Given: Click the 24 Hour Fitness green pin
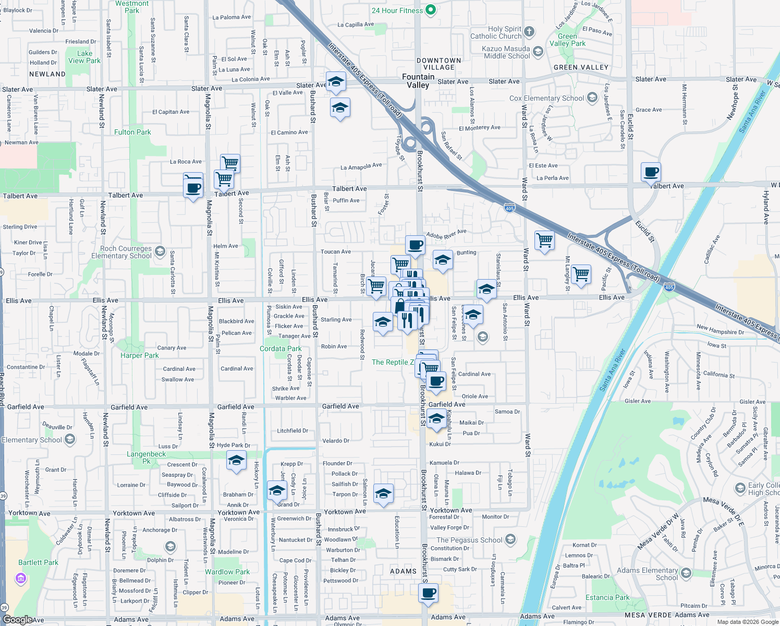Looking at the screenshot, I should (431, 10).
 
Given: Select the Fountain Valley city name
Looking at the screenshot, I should (418, 81).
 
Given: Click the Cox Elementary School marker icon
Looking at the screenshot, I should (592, 98).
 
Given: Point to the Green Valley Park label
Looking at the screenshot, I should (567, 40).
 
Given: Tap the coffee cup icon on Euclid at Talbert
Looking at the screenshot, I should (651, 172).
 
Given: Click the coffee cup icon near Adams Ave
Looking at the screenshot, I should (429, 593).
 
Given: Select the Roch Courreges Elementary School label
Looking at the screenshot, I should (121, 252).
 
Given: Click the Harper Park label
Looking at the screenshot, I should (139, 355).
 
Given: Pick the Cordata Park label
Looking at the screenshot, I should (281, 348).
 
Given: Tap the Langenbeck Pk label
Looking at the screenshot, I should (146, 458).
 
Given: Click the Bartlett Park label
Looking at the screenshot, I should (38, 562).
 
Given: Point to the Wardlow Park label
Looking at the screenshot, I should (227, 572).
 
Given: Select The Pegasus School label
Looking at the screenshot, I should (469, 540).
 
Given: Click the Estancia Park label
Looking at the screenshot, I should (607, 597).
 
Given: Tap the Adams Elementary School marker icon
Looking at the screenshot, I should (686, 573).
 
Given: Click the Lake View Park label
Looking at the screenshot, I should (84, 57).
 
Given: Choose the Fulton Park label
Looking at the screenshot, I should (132, 132).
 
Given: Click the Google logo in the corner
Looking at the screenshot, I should (17, 620).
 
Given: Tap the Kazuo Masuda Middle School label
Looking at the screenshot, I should (507, 52).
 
